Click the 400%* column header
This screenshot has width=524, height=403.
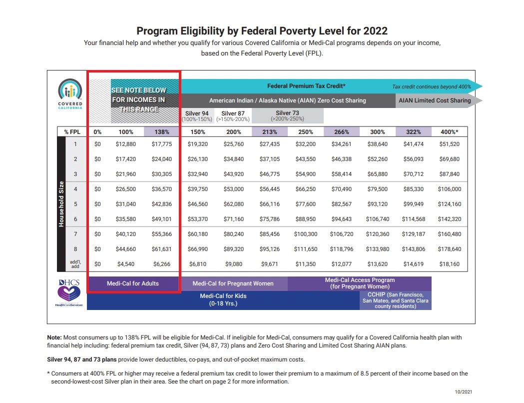click(x=450, y=132)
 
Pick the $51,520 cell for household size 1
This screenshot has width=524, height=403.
click(x=450, y=144)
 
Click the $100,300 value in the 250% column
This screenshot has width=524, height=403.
click(x=305, y=234)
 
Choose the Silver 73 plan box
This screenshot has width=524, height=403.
click(x=287, y=116)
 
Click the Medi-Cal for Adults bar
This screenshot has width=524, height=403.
click(x=133, y=283)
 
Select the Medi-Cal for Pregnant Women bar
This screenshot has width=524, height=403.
click(x=233, y=283)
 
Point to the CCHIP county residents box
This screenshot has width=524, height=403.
click(x=395, y=300)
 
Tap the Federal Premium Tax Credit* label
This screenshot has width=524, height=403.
click(x=306, y=86)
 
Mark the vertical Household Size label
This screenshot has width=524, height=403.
click(x=61, y=203)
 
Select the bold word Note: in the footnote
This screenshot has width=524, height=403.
click(x=54, y=337)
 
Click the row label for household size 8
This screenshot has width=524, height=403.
click(x=76, y=249)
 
